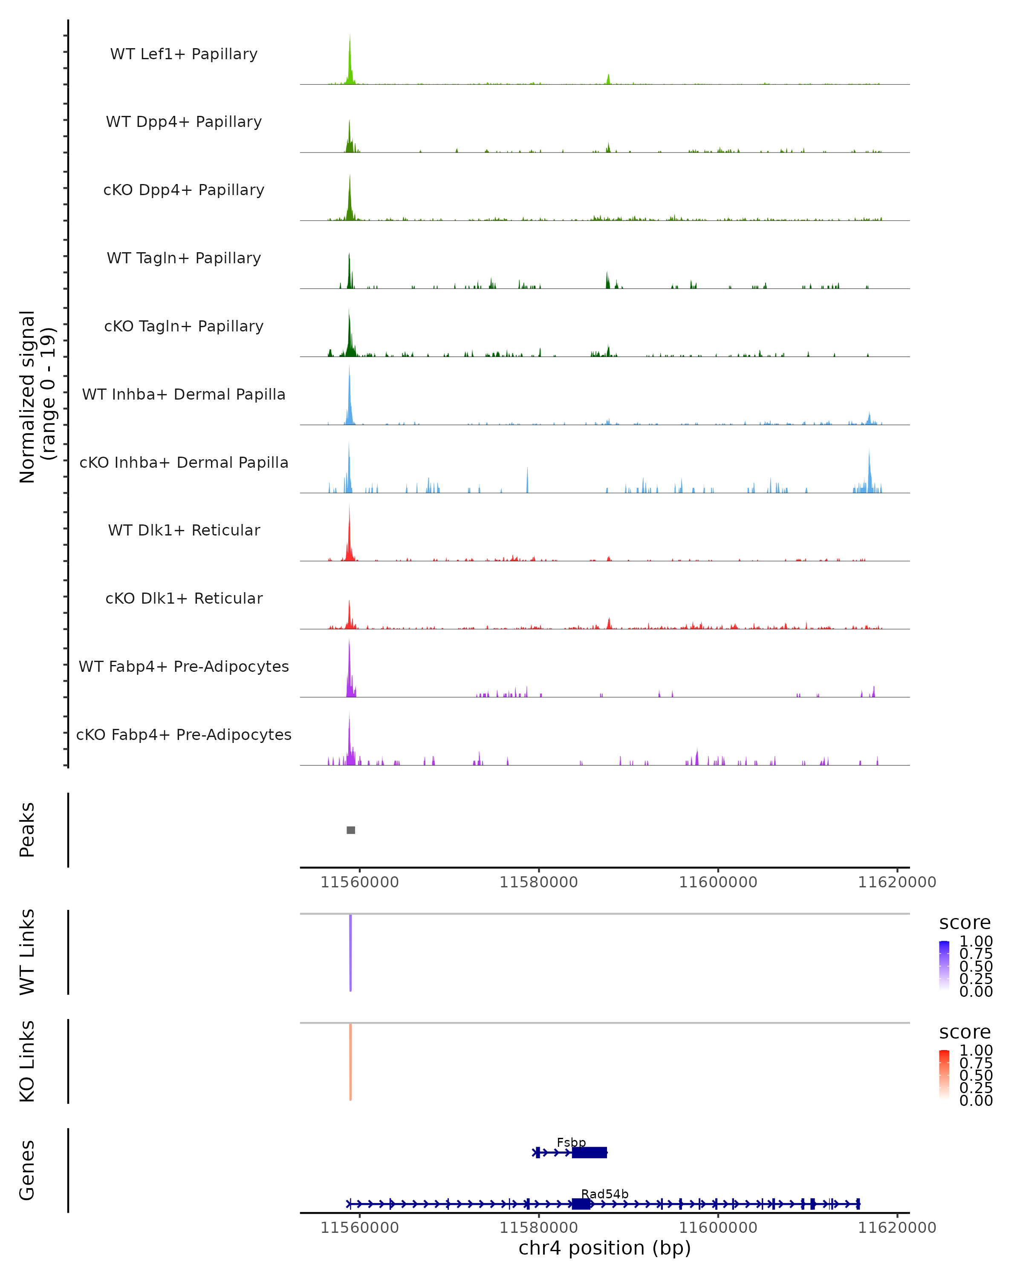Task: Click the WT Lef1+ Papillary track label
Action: pos(184,54)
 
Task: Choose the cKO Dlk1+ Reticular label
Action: pos(184,598)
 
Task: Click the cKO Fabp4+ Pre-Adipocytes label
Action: pos(184,734)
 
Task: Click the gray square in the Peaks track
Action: pos(350,830)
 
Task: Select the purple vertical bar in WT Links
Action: pos(350,952)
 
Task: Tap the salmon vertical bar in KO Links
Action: pos(350,1061)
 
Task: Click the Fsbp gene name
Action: pos(571,1142)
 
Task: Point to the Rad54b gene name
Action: pos(604,1194)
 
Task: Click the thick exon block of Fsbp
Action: pos(589,1152)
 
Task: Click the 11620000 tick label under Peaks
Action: pos(897,882)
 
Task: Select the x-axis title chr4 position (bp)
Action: pos(604,1248)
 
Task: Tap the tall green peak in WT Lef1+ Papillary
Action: pos(350,59)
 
